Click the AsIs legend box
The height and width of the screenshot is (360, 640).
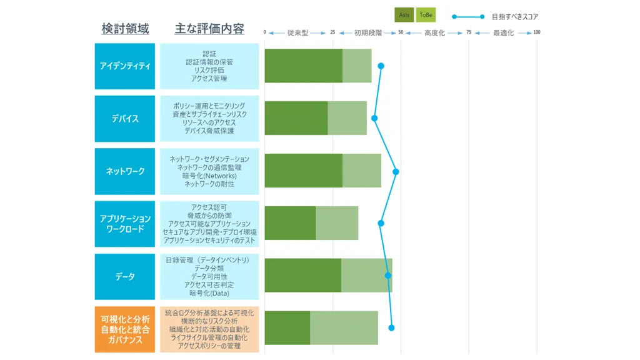pyautogui.click(x=404, y=15)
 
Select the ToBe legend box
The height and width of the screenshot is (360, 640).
pyautogui.click(x=426, y=15)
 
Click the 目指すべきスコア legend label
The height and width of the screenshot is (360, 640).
pyautogui.click(x=515, y=17)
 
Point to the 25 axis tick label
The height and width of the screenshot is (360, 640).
pyautogui.click(x=332, y=32)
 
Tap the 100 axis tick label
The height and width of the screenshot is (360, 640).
pyautogui.click(x=537, y=32)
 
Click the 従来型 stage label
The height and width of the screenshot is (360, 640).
pyautogui.click(x=297, y=32)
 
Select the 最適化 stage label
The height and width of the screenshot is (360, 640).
pyautogui.click(x=503, y=32)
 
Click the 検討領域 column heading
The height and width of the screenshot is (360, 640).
pyautogui.click(x=125, y=29)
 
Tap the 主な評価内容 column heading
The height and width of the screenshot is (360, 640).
pyautogui.click(x=209, y=29)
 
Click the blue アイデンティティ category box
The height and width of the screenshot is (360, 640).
pyautogui.click(x=125, y=66)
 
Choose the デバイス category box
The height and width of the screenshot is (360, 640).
pyautogui.click(x=125, y=119)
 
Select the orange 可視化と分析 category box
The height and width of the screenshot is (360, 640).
pyautogui.click(x=125, y=329)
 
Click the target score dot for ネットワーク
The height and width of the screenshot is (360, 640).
pyautogui.click(x=396, y=172)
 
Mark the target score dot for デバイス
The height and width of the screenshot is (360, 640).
pyautogui.click(x=374, y=118)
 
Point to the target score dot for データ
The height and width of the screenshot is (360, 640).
pyautogui.click(x=388, y=276)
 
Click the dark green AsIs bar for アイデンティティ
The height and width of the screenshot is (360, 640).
pyautogui.click(x=304, y=66)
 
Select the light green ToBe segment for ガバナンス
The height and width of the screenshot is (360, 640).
pyautogui.click(x=344, y=327)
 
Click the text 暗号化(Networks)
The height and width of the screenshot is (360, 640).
pyautogui.click(x=209, y=176)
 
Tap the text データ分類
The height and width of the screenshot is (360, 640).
pyautogui.click(x=209, y=268)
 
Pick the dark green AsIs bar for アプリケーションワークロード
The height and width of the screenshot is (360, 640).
pyautogui.click(x=290, y=223)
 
